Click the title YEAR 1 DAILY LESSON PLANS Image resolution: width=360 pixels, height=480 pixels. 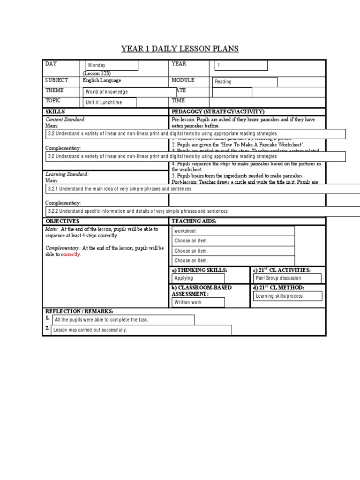coord(180,49)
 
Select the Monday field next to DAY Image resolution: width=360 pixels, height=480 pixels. coord(111,66)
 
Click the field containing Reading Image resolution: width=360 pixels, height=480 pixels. coord(244,82)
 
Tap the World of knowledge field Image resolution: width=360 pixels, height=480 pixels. coord(130,92)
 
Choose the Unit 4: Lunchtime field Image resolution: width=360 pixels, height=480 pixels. coord(110,103)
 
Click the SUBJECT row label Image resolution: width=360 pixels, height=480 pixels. coord(57,81)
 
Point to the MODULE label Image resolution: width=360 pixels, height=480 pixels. coord(183,81)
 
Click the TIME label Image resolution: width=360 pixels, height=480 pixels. coord(178,100)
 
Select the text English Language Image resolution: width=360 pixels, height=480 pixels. coord(102,81)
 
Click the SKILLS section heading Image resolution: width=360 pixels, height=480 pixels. coord(55,112)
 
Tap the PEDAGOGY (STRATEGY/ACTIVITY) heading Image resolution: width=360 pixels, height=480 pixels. coord(218,112)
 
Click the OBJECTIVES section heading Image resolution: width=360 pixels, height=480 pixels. coord(62,221)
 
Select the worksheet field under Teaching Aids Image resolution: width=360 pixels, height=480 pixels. coord(233,231)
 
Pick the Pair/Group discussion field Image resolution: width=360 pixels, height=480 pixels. coord(287,278)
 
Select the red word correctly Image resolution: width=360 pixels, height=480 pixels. coord(71,255)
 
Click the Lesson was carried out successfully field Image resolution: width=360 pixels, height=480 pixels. coord(141,330)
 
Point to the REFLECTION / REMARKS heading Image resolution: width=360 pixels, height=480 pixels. coord(79,311)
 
